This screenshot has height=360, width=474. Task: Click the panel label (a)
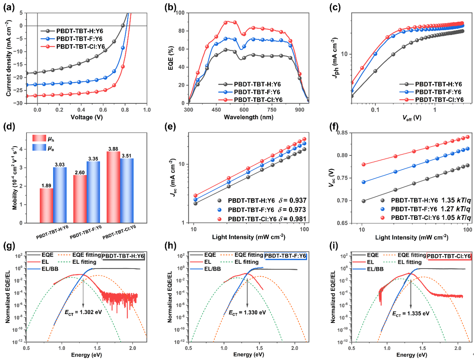tap(9, 7)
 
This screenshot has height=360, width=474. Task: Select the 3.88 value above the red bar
tap(113, 149)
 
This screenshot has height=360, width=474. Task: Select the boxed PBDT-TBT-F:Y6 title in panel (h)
tap(285, 256)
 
